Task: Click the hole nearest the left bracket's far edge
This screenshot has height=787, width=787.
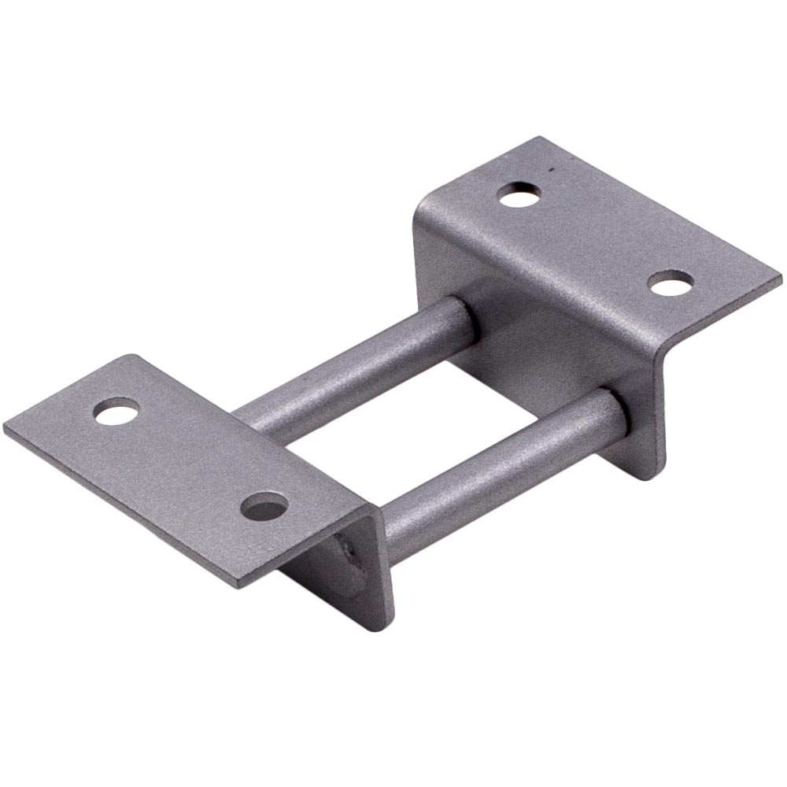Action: (x=116, y=411)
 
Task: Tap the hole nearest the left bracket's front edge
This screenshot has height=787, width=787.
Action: (x=264, y=506)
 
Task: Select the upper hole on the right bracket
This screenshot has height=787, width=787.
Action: (x=519, y=194)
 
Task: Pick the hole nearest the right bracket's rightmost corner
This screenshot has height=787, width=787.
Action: (x=671, y=283)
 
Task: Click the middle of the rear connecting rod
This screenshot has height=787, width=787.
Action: (x=354, y=370)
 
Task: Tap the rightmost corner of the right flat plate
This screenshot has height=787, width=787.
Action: (x=780, y=277)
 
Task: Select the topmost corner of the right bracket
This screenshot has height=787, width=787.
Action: (x=538, y=139)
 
